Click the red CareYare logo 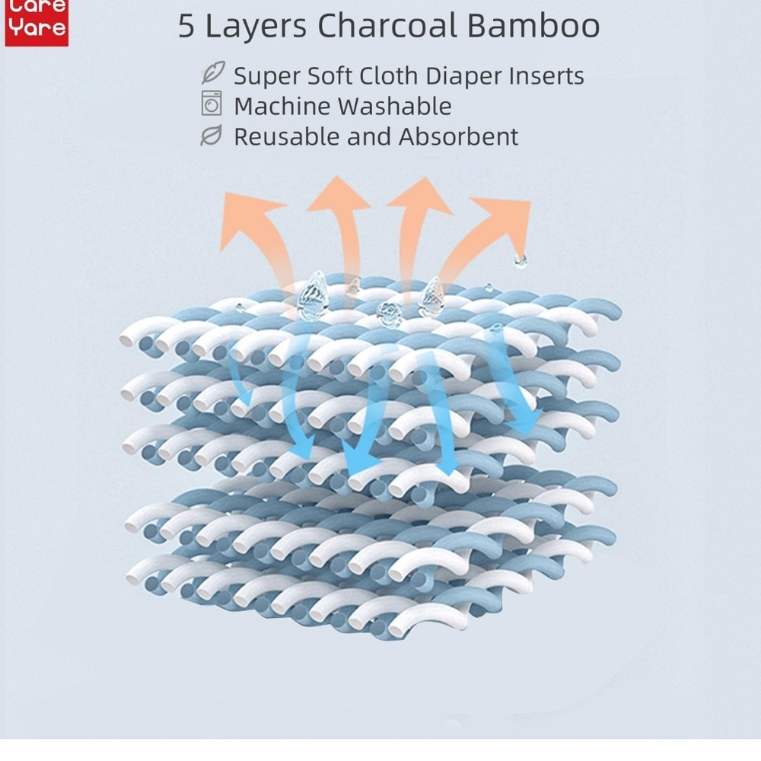coord(37,22)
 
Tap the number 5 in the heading coord(186,26)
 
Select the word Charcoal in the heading coord(387,25)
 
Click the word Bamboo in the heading coord(533,25)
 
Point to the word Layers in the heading coord(256,27)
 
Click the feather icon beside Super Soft coord(213,72)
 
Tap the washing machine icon coord(212,103)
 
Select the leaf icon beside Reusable coord(212,135)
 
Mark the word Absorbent coord(459,136)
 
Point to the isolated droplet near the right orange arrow coord(521,260)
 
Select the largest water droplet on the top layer coord(312,295)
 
